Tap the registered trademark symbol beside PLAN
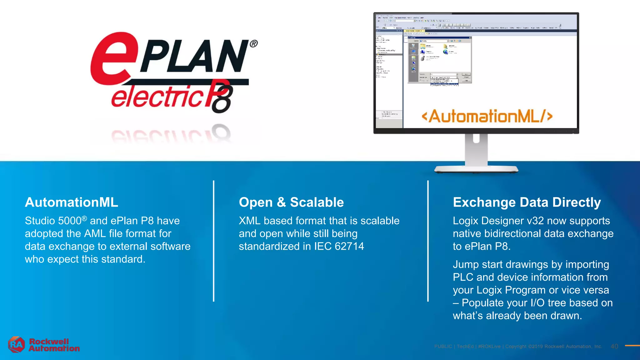click(x=254, y=44)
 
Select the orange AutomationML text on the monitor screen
click(x=487, y=116)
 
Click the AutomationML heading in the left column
click(x=72, y=202)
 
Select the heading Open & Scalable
click(x=291, y=202)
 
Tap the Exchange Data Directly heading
click(x=527, y=202)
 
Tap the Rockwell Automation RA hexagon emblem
click(x=16, y=345)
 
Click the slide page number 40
click(x=614, y=346)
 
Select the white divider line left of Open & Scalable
click(x=214, y=241)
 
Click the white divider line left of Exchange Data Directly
click(x=428, y=241)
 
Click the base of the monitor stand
click(x=476, y=170)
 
